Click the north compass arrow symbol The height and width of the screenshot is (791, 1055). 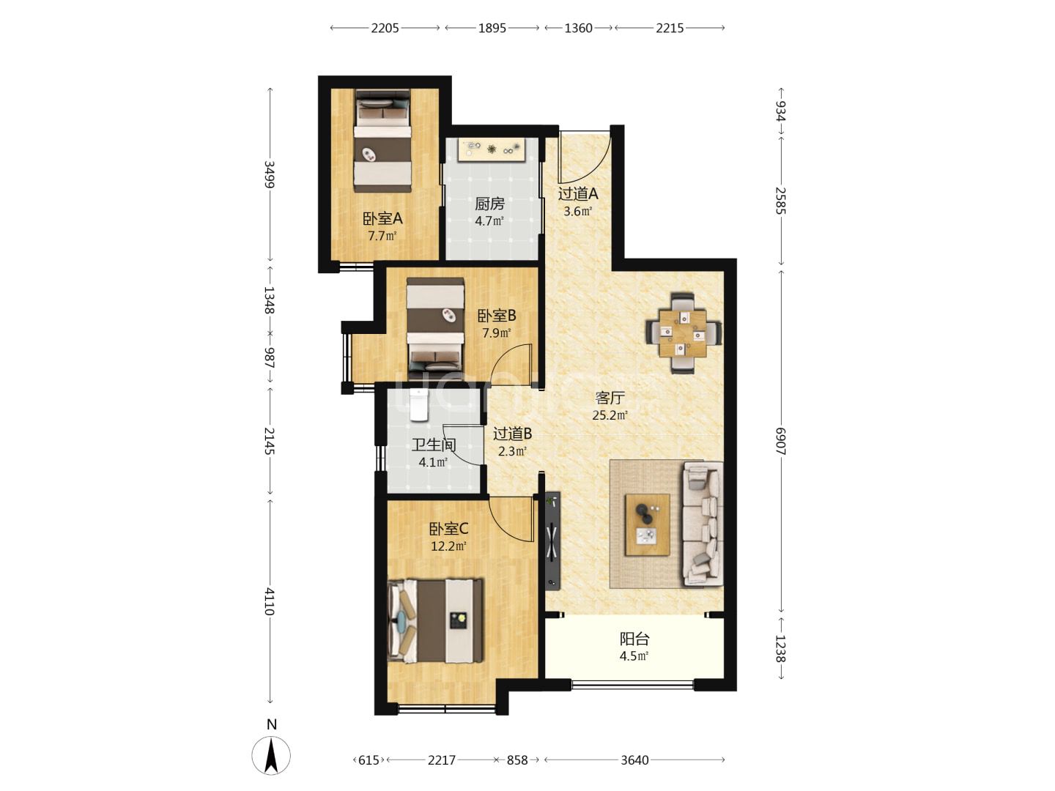[271, 755]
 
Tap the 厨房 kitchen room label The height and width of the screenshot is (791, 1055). [489, 204]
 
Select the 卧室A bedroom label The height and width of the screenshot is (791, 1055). [382, 219]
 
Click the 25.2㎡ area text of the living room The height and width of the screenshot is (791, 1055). [610, 415]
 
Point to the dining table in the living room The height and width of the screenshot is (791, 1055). [683, 333]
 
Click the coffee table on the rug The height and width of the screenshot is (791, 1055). [648, 525]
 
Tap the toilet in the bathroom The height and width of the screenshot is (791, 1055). [418, 405]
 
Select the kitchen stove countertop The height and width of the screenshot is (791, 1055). [491, 149]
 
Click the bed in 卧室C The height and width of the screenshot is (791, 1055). [435, 620]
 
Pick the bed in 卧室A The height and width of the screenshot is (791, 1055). [382, 141]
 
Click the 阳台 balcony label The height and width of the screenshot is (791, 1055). [634, 639]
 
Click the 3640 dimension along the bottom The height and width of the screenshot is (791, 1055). [634, 760]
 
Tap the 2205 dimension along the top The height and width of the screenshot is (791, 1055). [385, 28]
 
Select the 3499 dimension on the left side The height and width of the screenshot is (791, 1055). [270, 174]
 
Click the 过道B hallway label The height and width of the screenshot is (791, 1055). [512, 434]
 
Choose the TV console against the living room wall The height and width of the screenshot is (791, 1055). [553, 541]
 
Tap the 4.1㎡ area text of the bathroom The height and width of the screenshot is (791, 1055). [433, 462]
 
